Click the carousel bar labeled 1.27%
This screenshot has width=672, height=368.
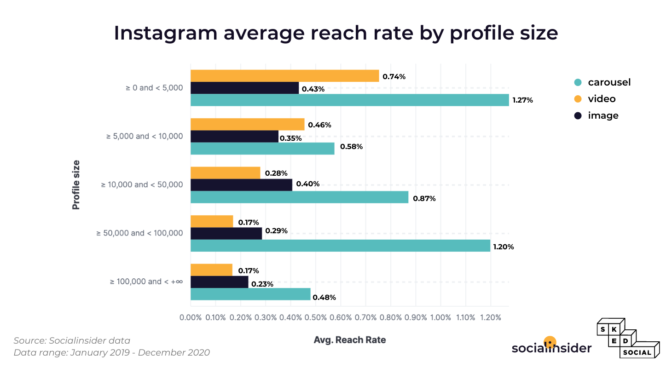pyautogui.click(x=350, y=100)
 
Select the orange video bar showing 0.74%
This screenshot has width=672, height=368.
pyautogui.click(x=284, y=76)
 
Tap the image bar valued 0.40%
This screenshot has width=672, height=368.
pyautogui.click(x=241, y=184)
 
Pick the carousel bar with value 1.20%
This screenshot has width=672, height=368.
pyautogui.click(x=340, y=246)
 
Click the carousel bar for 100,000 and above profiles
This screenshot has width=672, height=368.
pyautogui.click(x=250, y=294)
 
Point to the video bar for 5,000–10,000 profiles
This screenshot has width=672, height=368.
pyautogui.click(x=247, y=124)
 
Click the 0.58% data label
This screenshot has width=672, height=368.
pyautogui.click(x=351, y=147)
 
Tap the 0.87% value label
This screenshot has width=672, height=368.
pyautogui.click(x=424, y=199)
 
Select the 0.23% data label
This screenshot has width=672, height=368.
pyautogui.click(x=262, y=284)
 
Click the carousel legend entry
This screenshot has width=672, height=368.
pyautogui.click(x=602, y=82)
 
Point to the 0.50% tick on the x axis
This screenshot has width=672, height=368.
pyautogui.click(x=315, y=317)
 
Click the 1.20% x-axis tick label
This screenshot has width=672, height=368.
pyautogui.click(x=490, y=317)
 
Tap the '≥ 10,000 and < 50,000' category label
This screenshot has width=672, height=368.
pyautogui.click(x=142, y=184)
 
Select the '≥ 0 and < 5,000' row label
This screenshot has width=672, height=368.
pyautogui.click(x=154, y=87)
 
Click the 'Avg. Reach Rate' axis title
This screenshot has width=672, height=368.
pyautogui.click(x=349, y=340)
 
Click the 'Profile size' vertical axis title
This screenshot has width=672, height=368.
pyautogui.click(x=76, y=184)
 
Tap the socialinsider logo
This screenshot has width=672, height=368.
pyautogui.click(x=551, y=347)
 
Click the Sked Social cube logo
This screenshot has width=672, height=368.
pyautogui.click(x=628, y=339)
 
